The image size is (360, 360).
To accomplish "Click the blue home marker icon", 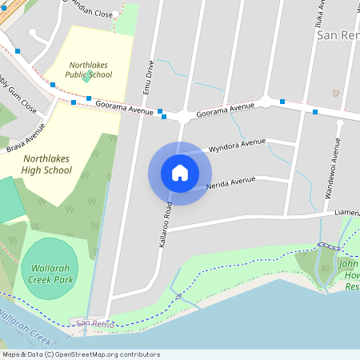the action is click(180, 173).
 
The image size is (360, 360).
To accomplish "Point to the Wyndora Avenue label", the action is click(236, 145).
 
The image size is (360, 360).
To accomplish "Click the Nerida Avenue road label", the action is click(230, 184).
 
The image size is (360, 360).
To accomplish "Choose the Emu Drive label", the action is click(148, 77).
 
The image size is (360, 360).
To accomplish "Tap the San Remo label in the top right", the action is click(337, 35).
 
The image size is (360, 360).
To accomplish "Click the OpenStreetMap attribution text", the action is click(80, 354).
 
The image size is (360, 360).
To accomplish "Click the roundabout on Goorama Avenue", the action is click(184, 116).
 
